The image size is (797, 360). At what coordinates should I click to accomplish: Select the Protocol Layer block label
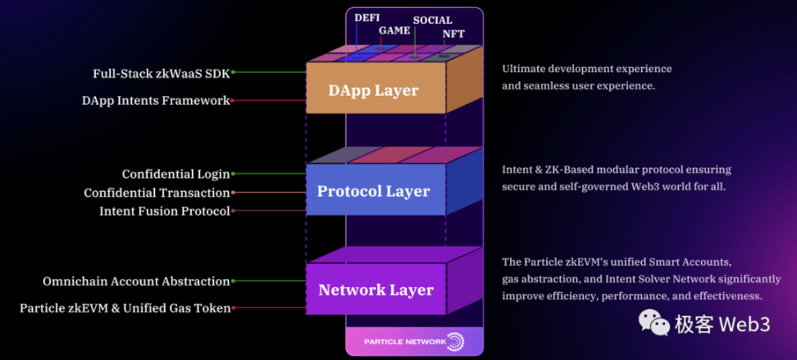coord(373,191)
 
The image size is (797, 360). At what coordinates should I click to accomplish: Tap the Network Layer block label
coord(376,290)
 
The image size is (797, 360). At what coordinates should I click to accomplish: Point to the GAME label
coord(394,31)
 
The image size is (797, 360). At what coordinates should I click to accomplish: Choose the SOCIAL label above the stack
coord(432,21)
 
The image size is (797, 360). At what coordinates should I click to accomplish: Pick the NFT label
coord(453,34)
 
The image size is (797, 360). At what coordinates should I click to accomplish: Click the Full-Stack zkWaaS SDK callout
coord(161,73)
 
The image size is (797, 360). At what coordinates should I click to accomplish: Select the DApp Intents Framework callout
coord(155,101)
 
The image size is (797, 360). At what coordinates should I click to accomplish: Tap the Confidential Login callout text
coord(175,174)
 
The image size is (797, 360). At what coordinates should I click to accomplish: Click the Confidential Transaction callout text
coord(157,193)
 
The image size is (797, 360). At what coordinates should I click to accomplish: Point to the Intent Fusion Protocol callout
coord(164,212)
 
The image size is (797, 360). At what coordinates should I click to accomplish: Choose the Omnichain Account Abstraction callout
coord(136,281)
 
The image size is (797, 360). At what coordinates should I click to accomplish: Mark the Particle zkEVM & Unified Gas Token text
coord(125,308)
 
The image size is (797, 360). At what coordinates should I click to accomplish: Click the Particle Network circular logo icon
coord(455,341)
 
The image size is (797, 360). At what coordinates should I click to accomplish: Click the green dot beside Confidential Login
coord(233,174)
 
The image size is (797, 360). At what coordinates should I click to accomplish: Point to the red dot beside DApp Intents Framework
coord(233,101)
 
